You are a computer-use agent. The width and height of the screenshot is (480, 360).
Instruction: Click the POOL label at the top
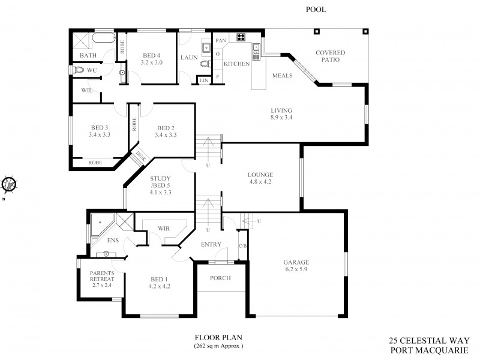coord(316,10)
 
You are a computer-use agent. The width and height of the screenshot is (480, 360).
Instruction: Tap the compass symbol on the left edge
coord(8,184)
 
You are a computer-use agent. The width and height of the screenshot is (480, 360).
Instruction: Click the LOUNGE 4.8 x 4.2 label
coord(260,178)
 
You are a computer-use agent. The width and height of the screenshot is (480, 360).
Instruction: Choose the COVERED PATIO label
coord(331,56)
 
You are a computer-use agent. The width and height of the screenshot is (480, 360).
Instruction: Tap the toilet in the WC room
coord(79,70)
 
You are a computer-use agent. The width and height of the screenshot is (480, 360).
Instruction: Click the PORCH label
coord(221,278)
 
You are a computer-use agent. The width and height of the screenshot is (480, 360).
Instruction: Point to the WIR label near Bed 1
coord(164,229)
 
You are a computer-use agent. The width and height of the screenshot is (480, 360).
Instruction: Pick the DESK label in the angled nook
coord(140,157)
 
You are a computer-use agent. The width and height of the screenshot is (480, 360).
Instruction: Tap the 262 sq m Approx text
coord(218,347)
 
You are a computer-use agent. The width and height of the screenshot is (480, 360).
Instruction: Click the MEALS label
coord(282,76)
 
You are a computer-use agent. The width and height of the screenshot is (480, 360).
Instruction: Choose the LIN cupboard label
coord(204,80)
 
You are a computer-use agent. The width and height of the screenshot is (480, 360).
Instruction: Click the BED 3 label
coord(99,131)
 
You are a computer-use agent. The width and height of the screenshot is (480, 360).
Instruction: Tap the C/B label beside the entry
coord(243,246)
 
